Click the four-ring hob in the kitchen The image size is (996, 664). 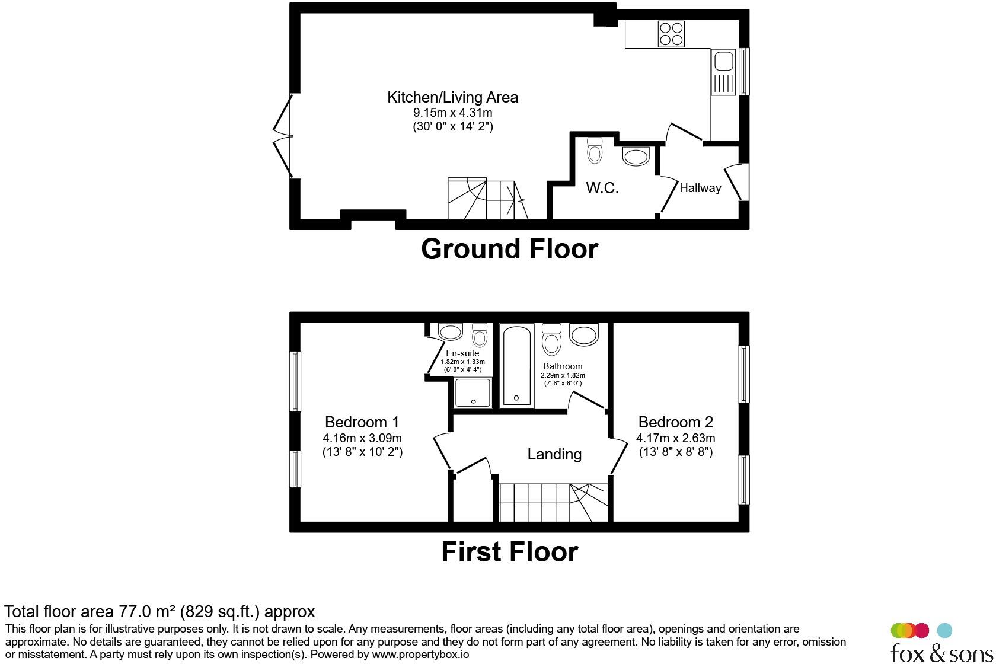point(671,34)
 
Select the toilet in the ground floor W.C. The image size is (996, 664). point(595,151)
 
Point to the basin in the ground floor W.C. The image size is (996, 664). point(636,157)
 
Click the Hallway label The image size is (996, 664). point(700,188)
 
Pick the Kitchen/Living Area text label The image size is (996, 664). point(452,97)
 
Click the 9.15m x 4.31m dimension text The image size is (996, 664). point(452,113)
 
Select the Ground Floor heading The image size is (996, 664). point(509,249)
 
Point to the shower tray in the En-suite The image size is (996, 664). point(473,392)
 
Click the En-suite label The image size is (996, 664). point(462,353)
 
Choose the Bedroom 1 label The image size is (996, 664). point(362,422)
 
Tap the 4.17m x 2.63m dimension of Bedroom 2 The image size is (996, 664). point(675,438)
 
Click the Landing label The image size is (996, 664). point(554,454)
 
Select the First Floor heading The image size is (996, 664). point(509,552)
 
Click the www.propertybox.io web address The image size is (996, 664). point(420,655)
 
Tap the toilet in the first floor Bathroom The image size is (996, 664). point(552,340)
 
